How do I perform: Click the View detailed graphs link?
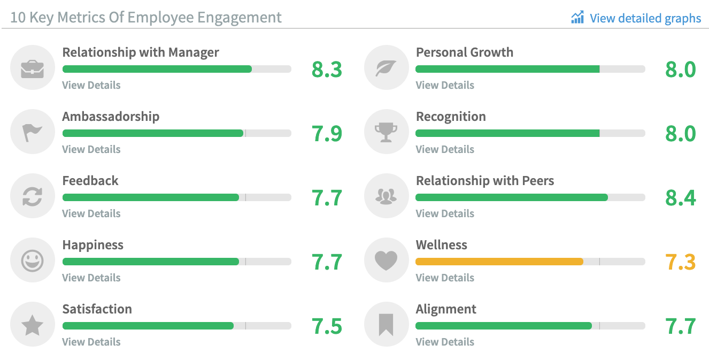coord(636,18)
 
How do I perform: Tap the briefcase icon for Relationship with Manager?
coord(32,68)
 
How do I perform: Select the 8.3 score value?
coord(327,70)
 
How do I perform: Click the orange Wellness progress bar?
coord(499,262)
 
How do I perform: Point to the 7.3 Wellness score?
coord(680,262)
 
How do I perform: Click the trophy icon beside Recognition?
coord(386,133)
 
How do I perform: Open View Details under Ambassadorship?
coord(91,149)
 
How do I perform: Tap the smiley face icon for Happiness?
coord(32,261)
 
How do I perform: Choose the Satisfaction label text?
coord(97,309)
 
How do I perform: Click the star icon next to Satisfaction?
coord(32,325)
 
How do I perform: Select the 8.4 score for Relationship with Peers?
coord(680,198)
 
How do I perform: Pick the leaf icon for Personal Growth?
coord(386,68)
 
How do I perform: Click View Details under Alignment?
coord(445,342)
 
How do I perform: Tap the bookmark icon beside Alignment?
coord(386,325)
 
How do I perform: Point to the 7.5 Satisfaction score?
coord(327,326)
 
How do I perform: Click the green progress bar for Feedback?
coord(151,197)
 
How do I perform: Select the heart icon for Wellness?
coord(386,261)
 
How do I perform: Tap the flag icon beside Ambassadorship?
coord(32,133)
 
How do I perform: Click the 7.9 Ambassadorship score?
coord(327,134)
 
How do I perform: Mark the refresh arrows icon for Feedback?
coord(32,197)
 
